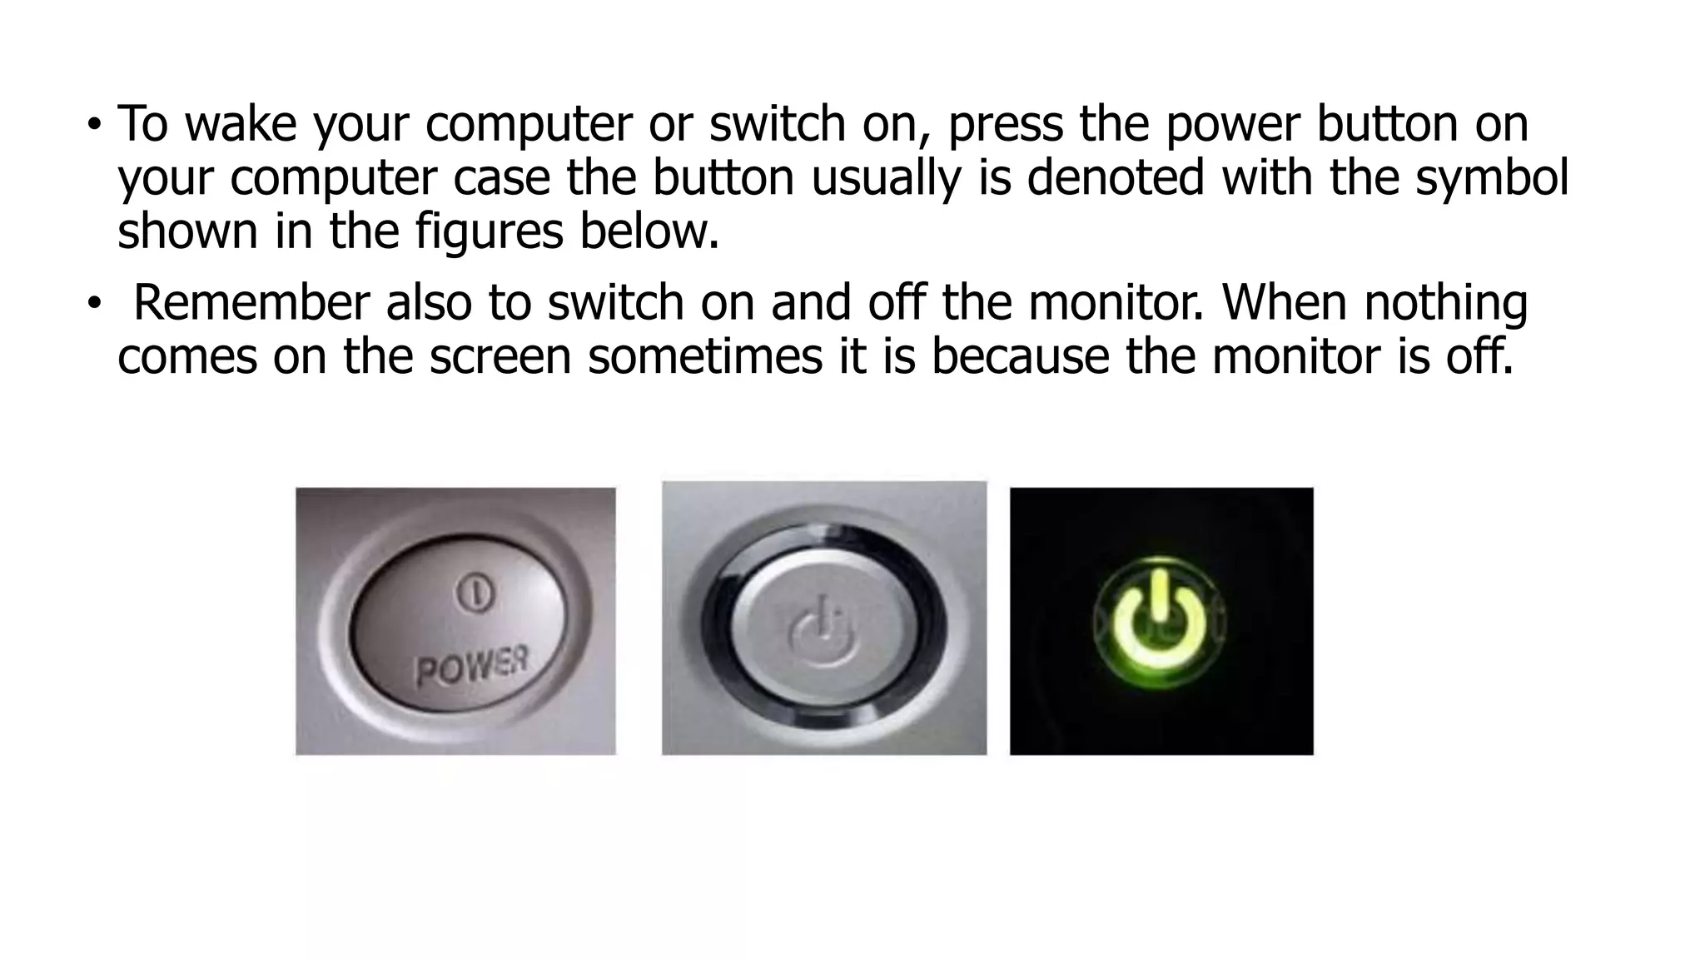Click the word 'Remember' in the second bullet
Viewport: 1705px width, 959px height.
click(x=251, y=302)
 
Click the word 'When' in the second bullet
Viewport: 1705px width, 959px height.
click(x=1283, y=302)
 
